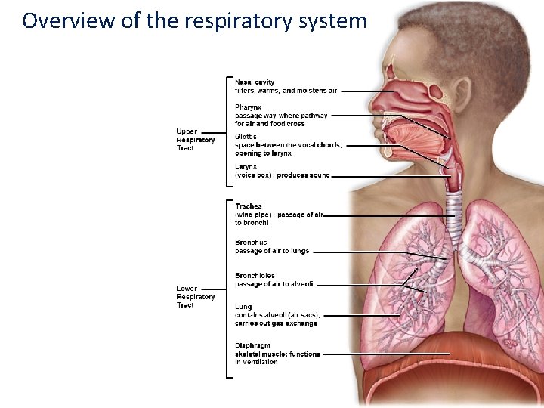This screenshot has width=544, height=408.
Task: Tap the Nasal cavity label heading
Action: pos(255,82)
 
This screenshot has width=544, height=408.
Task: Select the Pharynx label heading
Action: pos(249,107)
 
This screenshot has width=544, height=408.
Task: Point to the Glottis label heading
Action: pos(246,137)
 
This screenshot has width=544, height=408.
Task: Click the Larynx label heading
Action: pos(246,166)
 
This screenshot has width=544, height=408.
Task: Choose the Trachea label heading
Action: pos(249,206)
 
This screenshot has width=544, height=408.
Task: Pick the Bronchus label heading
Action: pos(251,243)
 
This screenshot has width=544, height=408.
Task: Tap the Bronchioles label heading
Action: pos(255,276)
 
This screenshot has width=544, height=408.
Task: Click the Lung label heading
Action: pos(243,307)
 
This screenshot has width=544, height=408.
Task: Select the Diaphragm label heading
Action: pos(252,345)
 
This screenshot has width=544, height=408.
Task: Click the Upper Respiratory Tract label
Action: pos(195,140)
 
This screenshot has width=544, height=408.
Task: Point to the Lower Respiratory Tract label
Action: pos(195,297)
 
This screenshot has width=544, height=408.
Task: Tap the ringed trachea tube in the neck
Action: pos(454,212)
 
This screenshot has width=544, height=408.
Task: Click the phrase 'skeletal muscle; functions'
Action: pos(277,354)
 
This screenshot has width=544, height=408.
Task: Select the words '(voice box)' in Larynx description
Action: pos(252,175)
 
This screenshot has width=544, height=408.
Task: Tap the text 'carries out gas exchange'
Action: pos(276,323)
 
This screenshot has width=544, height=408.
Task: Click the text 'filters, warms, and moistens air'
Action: pos(286,91)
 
